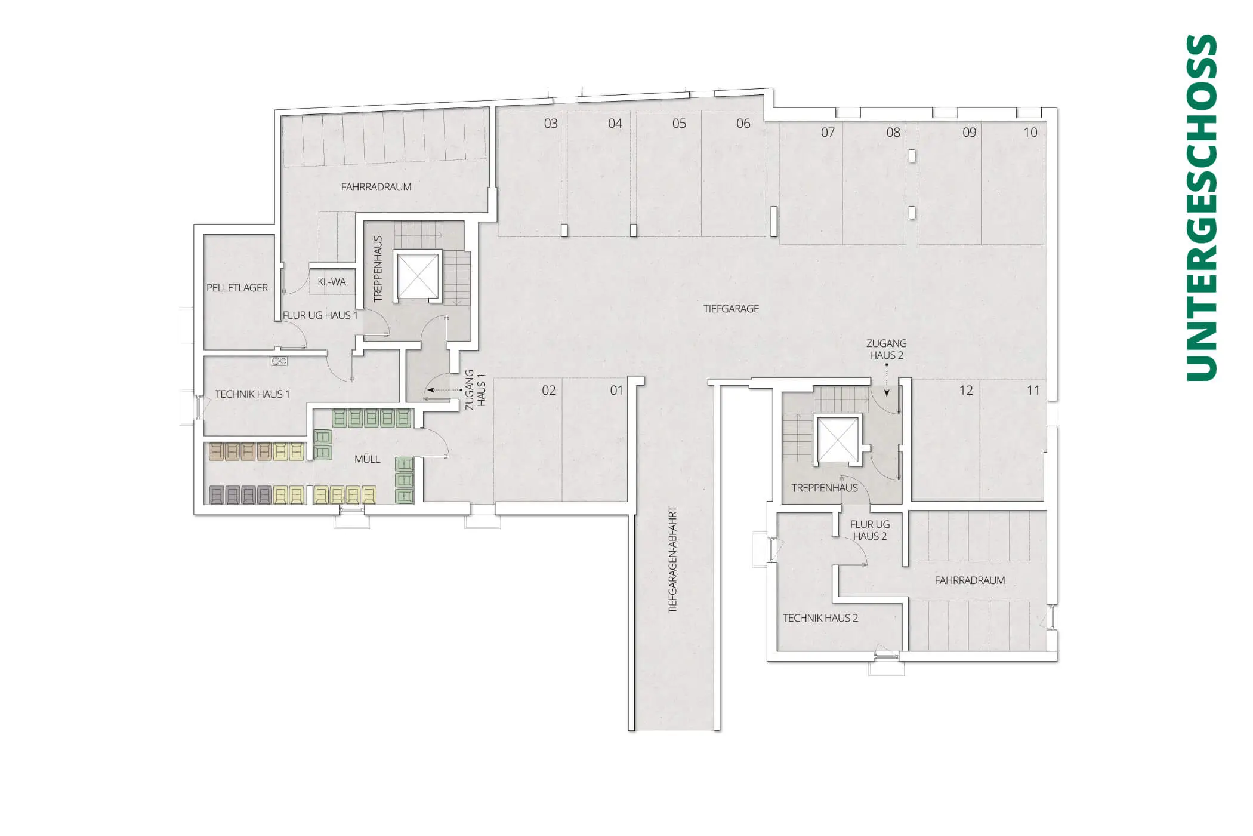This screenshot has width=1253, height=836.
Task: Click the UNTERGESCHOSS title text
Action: coord(1201,207)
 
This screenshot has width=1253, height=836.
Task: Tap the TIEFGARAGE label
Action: coord(731,309)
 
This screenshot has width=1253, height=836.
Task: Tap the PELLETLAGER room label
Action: coord(237,288)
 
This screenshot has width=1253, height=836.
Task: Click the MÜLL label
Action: coord(367,459)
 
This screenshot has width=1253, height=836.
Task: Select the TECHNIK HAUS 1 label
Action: coord(252,394)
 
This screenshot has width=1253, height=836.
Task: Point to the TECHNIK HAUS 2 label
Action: coord(820,618)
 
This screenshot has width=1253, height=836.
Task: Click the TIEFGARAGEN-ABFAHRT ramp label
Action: coord(672,560)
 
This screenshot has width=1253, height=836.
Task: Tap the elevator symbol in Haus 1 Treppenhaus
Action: coord(418,276)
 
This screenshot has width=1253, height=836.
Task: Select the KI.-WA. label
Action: coord(332,282)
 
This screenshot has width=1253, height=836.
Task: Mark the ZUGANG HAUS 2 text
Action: coord(887,349)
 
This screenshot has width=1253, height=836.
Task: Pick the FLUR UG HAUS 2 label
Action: coord(870,530)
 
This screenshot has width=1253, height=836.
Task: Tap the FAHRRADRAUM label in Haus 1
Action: coord(376,187)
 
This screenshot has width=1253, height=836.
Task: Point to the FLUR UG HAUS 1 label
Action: coord(320,315)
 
